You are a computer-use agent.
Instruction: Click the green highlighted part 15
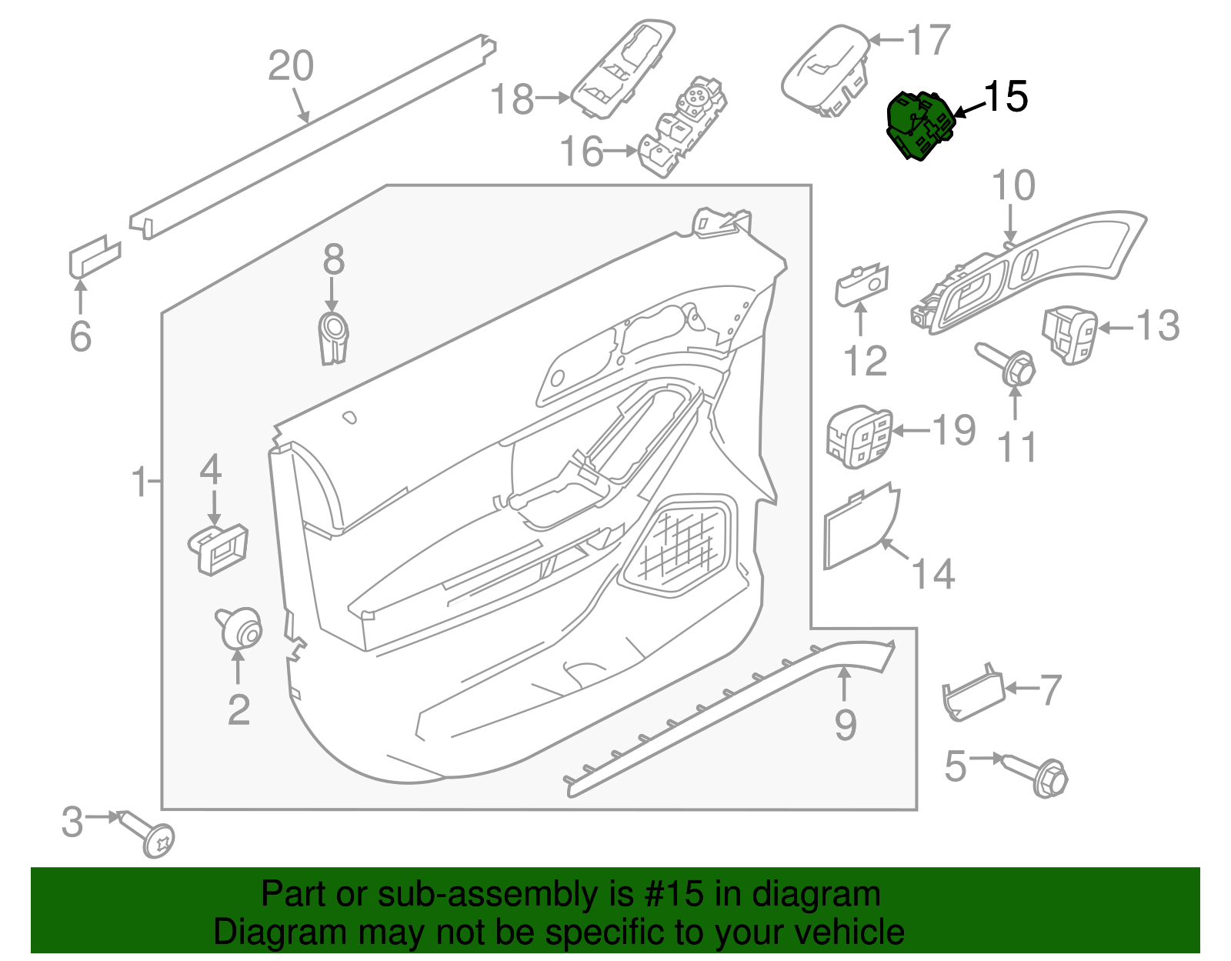click(920, 125)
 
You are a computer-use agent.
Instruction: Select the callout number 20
click(291, 66)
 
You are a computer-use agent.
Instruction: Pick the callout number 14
click(932, 574)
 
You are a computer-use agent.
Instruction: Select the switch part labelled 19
click(859, 438)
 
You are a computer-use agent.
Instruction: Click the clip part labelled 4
click(219, 548)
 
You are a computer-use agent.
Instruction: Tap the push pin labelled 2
click(240, 629)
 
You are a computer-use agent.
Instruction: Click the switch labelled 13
click(1069, 334)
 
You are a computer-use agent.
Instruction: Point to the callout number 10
click(1013, 186)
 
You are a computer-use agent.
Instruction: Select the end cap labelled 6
click(95, 255)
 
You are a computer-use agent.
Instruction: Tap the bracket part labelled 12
click(862, 285)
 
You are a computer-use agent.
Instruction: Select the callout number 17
click(929, 40)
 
